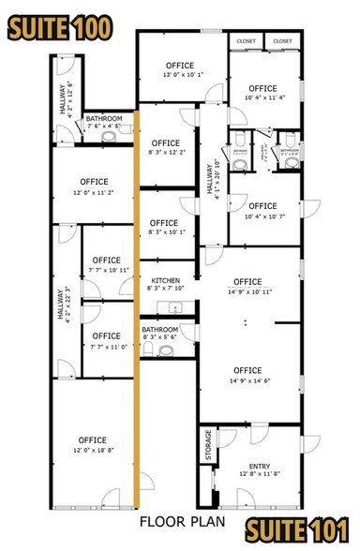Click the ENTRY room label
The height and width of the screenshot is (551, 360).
(x=259, y=466)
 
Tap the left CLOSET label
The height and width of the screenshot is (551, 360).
(x=247, y=41)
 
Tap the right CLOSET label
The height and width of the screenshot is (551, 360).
(x=283, y=41)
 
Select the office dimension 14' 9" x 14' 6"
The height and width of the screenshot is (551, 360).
(x=247, y=380)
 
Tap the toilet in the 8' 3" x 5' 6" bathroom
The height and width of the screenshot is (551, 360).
(x=167, y=351)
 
